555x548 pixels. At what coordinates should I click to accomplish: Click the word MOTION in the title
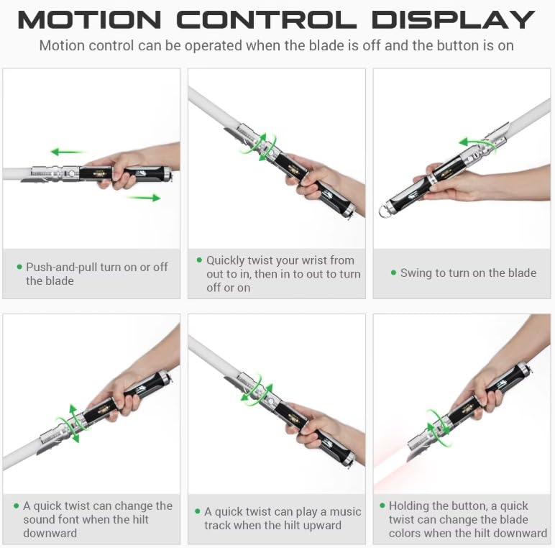(x=90, y=20)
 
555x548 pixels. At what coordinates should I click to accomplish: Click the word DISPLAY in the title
(x=453, y=20)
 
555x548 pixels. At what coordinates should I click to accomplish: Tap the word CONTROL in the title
(x=267, y=20)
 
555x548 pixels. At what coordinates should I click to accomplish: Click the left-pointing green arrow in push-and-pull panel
(x=68, y=152)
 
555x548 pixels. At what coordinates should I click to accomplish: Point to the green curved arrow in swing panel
(x=477, y=144)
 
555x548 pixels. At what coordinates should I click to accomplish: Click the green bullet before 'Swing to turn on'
(x=393, y=273)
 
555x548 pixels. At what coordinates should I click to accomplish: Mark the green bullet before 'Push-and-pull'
(x=19, y=267)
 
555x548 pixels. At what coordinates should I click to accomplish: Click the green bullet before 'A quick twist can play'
(x=198, y=511)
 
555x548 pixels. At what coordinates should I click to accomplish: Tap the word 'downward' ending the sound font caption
(x=50, y=534)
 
